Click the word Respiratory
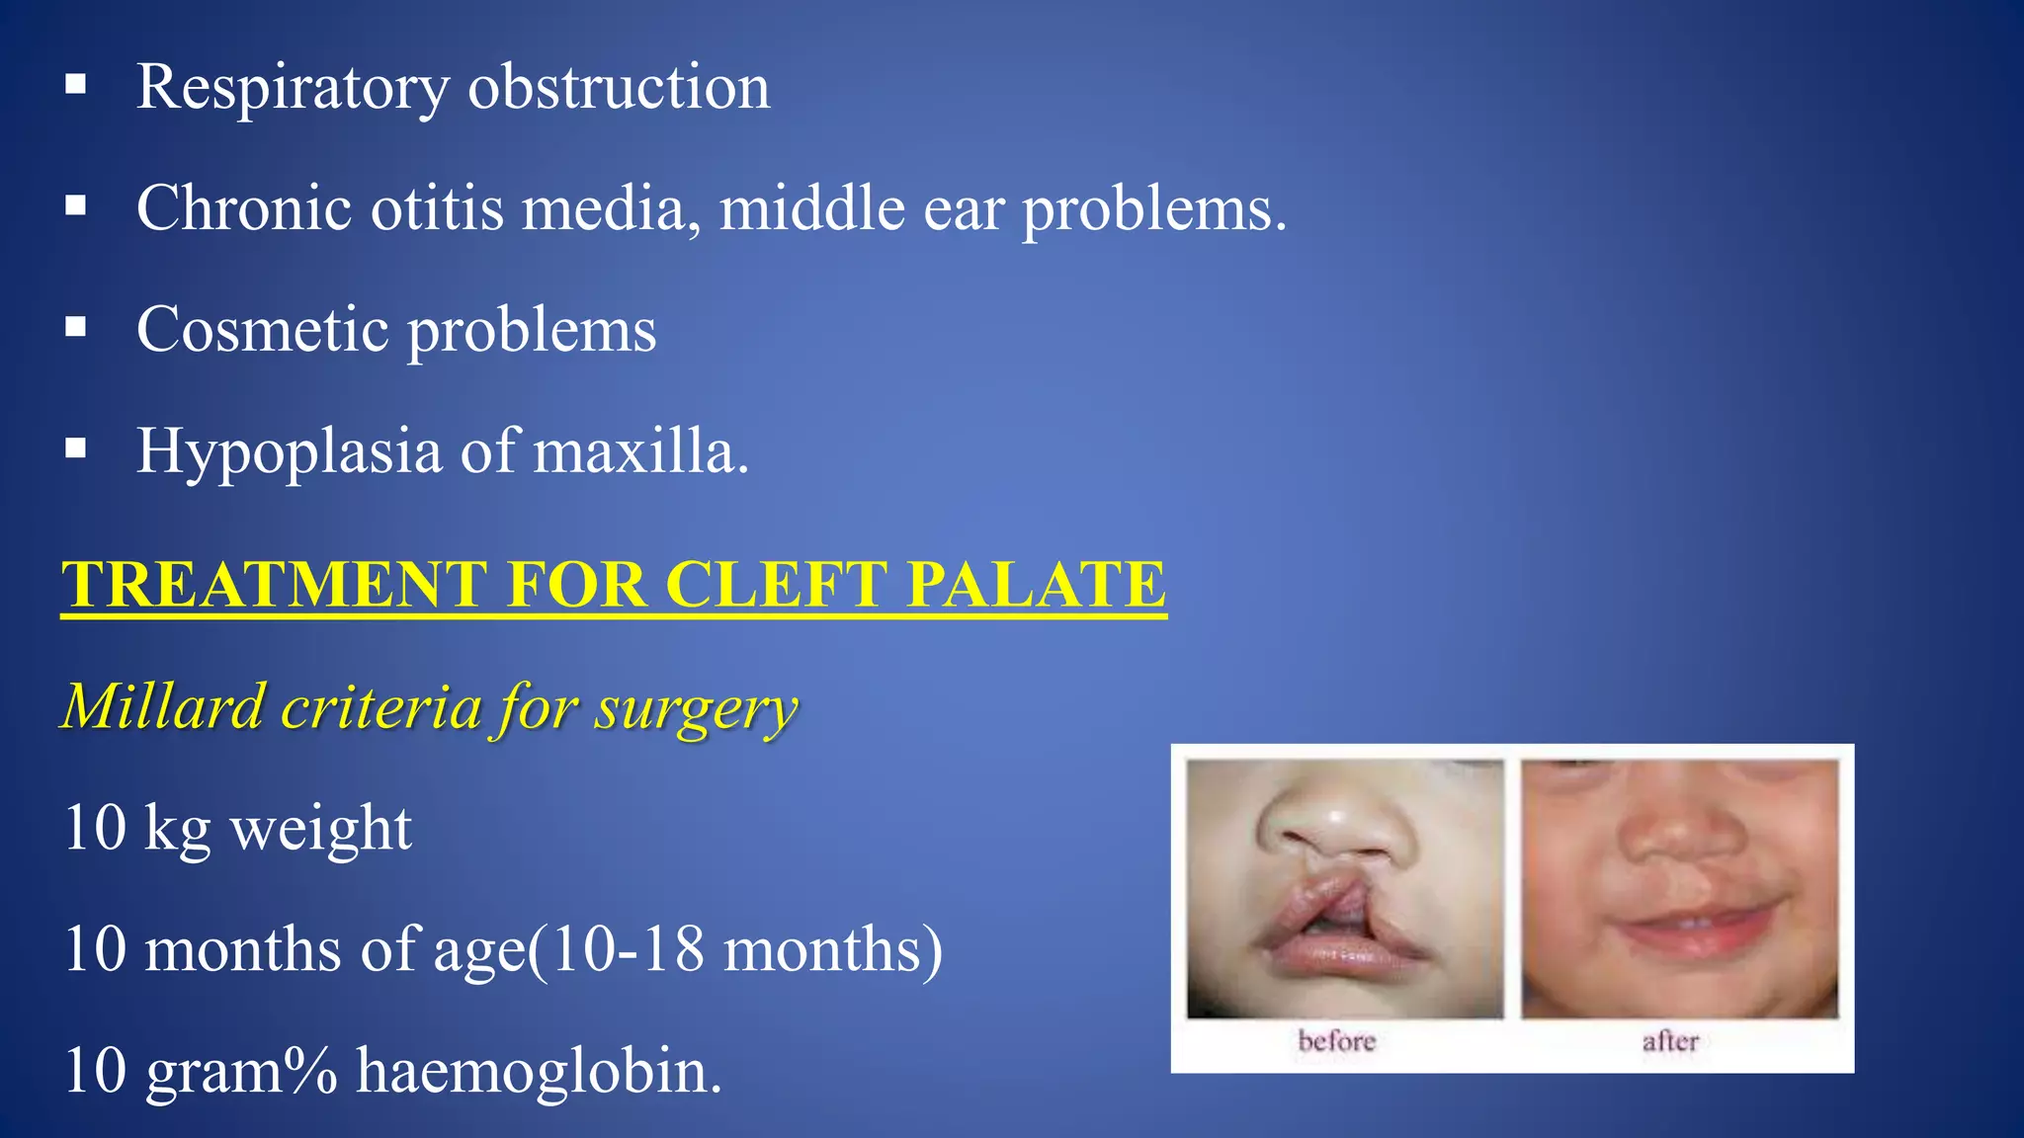[293, 87]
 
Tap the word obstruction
[619, 87]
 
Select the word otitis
[437, 208]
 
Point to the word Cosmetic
[262, 329]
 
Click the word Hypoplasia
[289, 451]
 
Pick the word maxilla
[640, 451]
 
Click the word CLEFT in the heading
[776, 584]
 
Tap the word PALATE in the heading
[1037, 584]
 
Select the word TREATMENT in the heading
[275, 584]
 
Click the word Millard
[164, 706]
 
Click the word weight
[321, 828]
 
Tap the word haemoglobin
[539, 1071]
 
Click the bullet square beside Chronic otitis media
[76, 206]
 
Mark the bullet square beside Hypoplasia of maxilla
[76, 449]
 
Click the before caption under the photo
[1336, 1041]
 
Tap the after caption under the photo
[1670, 1041]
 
